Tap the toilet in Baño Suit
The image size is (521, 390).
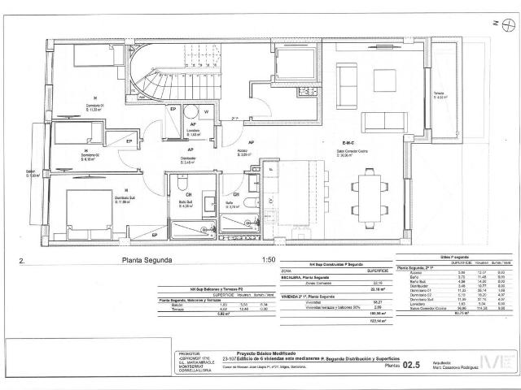[x=182, y=184]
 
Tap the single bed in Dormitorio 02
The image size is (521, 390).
[x=74, y=131]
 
